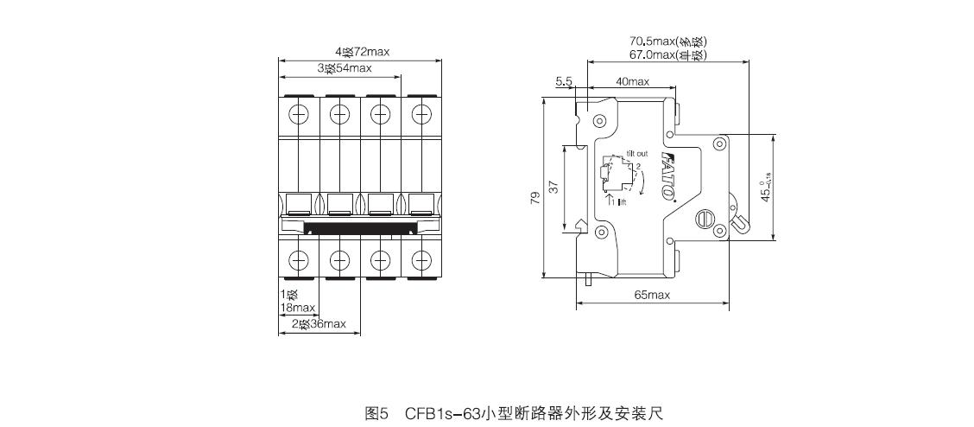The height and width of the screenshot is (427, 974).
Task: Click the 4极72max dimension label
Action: [363, 52]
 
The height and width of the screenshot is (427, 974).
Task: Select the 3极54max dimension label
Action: [344, 67]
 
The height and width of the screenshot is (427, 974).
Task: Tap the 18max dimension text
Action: [298, 307]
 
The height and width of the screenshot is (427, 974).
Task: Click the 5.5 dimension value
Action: [564, 81]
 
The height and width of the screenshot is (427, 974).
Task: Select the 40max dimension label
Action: [632, 81]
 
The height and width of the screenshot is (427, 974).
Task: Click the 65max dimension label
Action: [652, 296]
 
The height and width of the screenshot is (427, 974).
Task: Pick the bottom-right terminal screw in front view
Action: [421, 258]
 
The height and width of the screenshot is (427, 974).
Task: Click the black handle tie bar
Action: [360, 227]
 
